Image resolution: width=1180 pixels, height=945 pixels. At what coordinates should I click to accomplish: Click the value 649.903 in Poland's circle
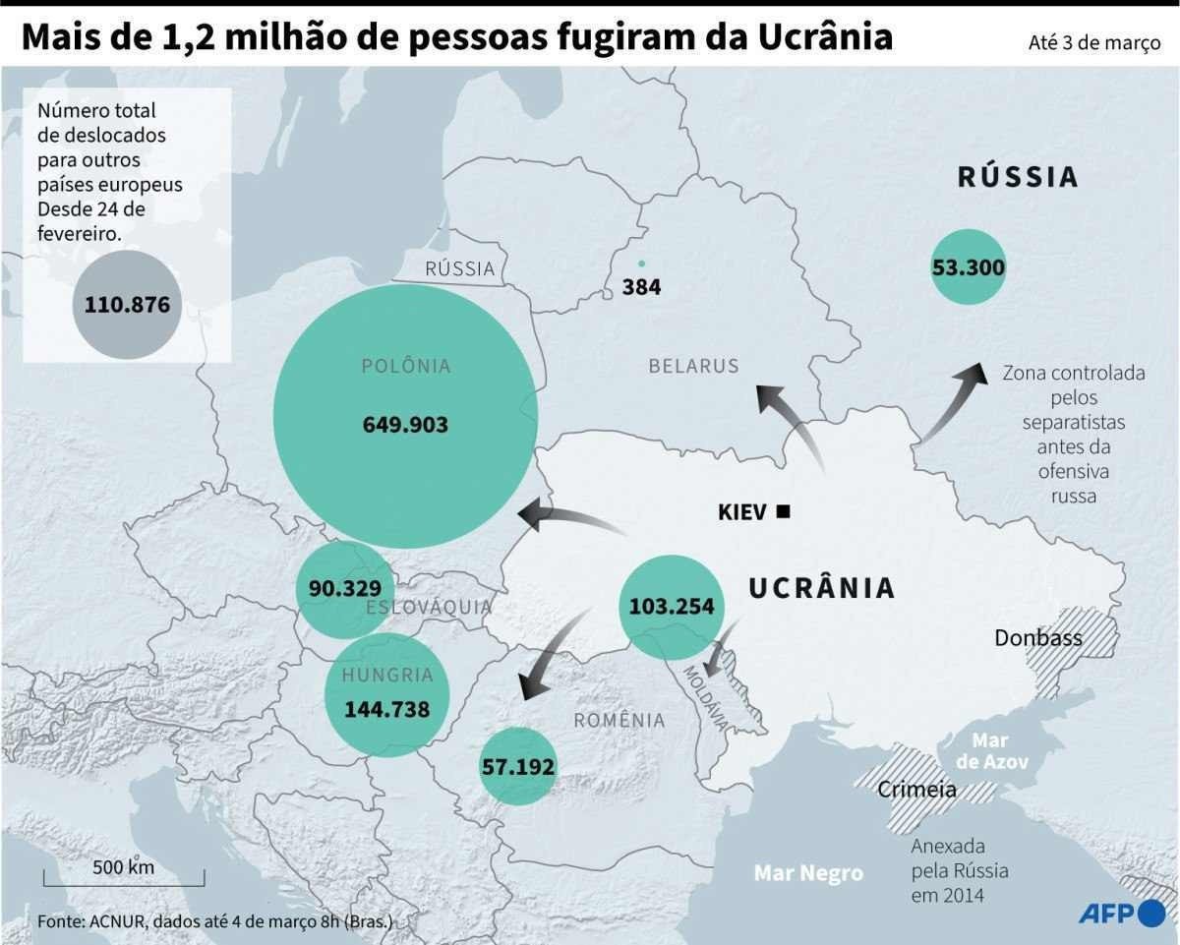405,425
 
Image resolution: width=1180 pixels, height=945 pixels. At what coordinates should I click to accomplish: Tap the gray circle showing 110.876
127,305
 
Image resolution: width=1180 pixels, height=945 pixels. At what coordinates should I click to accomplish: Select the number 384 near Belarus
641,287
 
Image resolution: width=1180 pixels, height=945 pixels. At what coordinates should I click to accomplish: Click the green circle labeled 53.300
968,266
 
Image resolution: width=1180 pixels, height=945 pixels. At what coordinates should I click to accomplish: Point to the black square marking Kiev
784,510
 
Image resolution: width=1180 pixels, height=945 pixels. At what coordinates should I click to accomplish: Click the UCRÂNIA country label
821,588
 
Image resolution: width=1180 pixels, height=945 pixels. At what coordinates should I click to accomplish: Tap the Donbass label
1037,637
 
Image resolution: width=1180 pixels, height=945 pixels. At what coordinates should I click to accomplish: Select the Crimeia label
916,789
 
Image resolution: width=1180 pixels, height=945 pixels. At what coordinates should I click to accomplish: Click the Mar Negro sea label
808,872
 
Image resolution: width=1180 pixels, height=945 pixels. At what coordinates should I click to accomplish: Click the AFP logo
1121,914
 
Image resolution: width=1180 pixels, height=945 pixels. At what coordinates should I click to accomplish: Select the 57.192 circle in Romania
517,767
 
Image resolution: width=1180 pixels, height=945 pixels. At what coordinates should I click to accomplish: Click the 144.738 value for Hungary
386,708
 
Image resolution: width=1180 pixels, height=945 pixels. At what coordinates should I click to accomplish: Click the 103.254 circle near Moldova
671,607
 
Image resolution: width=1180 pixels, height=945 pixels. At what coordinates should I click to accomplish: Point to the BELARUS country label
693,366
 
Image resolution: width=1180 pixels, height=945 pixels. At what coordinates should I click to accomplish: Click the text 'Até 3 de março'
1093,43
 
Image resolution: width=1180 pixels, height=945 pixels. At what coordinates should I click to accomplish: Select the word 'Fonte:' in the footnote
61,921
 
